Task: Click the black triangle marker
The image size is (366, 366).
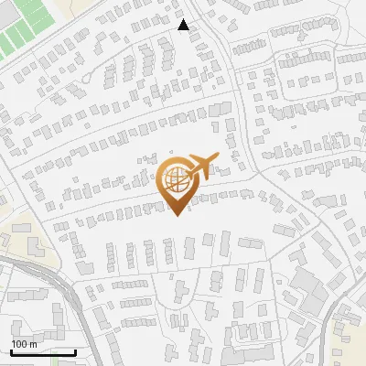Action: point(184,25)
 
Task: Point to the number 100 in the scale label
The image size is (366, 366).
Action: point(19,343)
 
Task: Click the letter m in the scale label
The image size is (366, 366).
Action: point(34,343)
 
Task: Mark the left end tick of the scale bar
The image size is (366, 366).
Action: point(10,351)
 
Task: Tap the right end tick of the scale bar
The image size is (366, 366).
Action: point(76,351)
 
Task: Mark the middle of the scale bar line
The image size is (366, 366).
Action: point(43,352)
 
